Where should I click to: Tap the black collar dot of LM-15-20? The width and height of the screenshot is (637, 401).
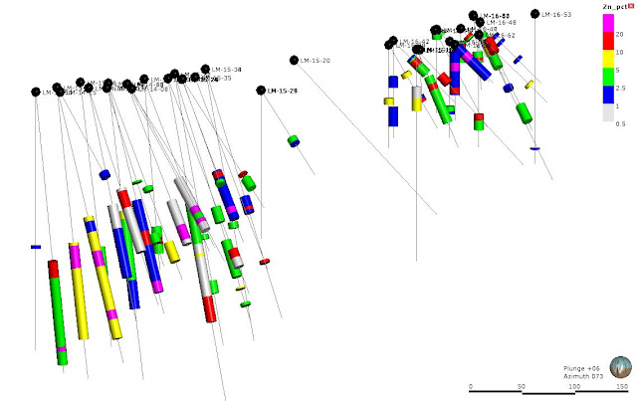[x=295, y=60]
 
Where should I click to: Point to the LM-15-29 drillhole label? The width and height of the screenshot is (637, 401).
[x=282, y=91]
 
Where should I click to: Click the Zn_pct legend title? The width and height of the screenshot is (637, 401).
[x=615, y=7]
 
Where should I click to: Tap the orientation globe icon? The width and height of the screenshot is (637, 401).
[x=620, y=367]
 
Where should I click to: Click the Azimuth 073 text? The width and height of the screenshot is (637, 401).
[x=583, y=376]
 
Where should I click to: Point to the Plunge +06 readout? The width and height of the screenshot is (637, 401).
[x=583, y=367]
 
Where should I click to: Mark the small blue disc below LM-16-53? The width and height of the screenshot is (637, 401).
[x=535, y=148]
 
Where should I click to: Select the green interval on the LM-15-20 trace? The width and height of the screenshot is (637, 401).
[x=295, y=140]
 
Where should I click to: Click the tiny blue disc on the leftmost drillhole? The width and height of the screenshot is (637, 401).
[x=36, y=246]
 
